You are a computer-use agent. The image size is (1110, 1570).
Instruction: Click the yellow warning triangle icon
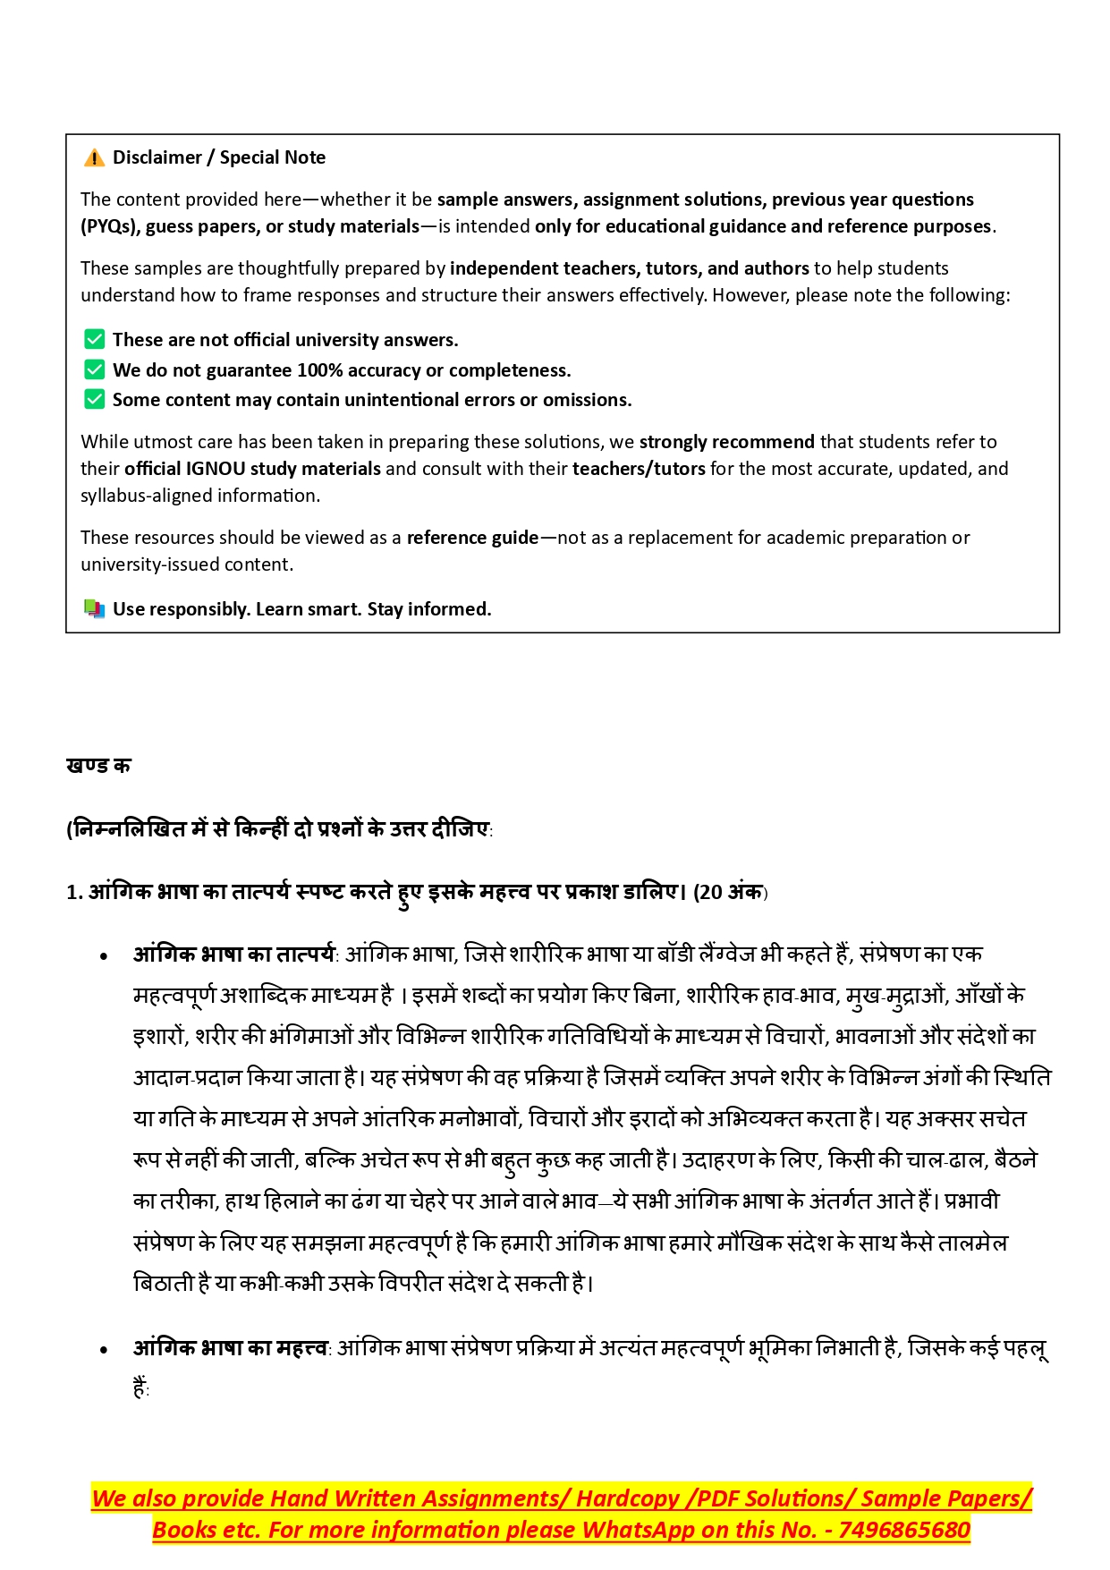(94, 158)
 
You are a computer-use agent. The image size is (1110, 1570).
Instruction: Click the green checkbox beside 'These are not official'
(94, 340)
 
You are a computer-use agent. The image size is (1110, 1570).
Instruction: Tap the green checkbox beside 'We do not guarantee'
(94, 369)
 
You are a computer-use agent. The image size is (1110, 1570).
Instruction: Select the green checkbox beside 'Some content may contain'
(94, 400)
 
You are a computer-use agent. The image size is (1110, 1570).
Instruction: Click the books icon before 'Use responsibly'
(94, 609)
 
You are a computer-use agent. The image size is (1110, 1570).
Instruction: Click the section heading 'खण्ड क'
(98, 766)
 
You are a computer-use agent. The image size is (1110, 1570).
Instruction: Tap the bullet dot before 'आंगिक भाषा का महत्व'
(105, 1350)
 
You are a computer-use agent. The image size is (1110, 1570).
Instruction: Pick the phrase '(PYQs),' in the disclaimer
(110, 226)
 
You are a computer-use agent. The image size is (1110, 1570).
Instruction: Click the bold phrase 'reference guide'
(472, 538)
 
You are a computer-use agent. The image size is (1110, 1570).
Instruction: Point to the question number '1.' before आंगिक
(74, 893)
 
